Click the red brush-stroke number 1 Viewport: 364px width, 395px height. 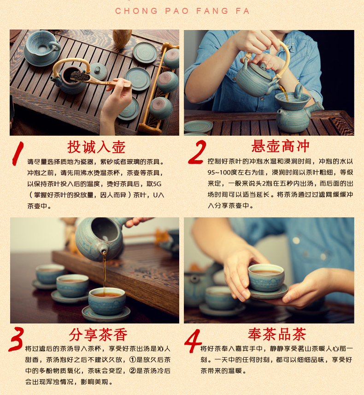pyautogui.click(x=18, y=153)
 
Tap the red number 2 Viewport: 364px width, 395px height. pyautogui.click(x=198, y=152)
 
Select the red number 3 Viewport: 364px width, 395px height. pyautogui.click(x=16, y=339)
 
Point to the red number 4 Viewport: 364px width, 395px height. pyautogui.click(x=193, y=341)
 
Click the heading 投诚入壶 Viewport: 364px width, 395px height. pyautogui.click(x=96, y=147)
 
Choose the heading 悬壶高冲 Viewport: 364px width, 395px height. pyautogui.click(x=280, y=146)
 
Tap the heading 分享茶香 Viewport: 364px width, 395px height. pyautogui.click(x=98, y=335)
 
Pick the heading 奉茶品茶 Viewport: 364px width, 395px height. pyautogui.click(x=277, y=334)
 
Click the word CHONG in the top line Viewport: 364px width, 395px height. pyautogui.click(x=136, y=11)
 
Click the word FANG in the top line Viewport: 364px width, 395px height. pyautogui.click(x=212, y=11)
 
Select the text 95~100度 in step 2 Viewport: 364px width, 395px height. pyautogui.click(x=223, y=173)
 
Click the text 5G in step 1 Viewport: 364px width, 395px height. pyautogui.click(x=157, y=184)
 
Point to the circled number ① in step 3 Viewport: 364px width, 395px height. pyautogui.click(x=133, y=360)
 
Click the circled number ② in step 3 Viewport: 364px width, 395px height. pyautogui.click(x=133, y=371)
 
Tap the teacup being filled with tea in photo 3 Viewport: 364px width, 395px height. pyautogui.click(x=107, y=301)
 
